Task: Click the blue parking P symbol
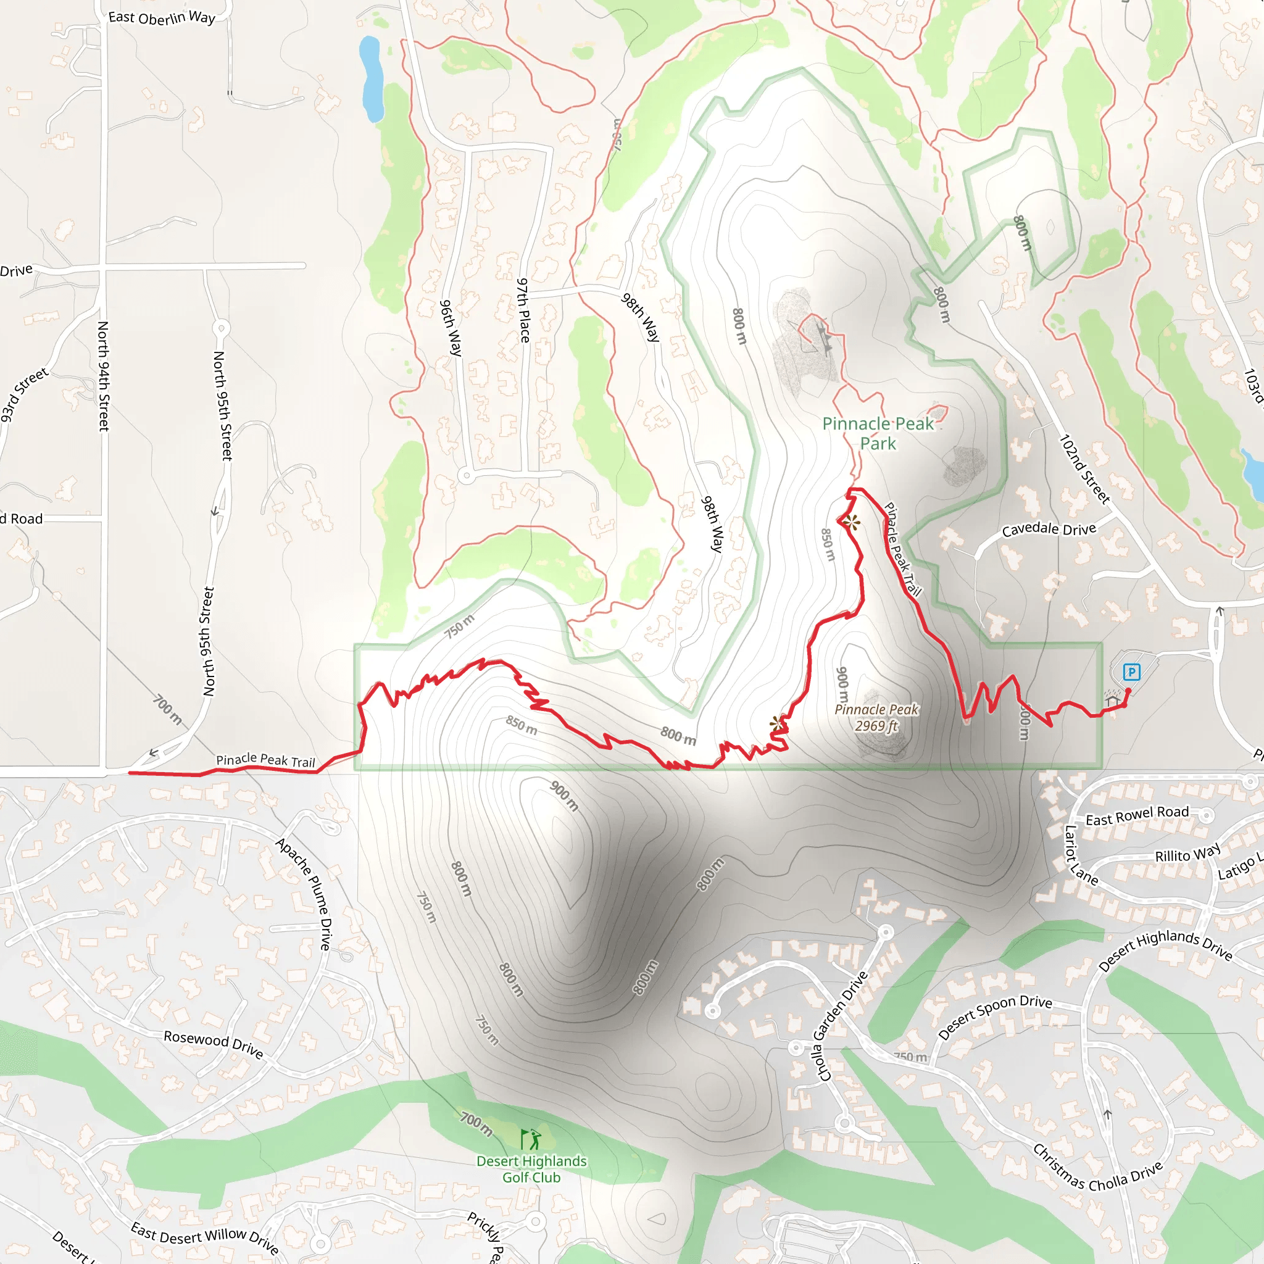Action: pos(1131,672)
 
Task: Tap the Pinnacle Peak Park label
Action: pos(878,433)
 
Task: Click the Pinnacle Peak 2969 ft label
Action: pos(876,717)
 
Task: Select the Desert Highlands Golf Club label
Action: pos(531,1169)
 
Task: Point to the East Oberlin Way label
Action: pos(162,18)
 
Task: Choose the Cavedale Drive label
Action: pos(1048,529)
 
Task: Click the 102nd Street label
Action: pos(1084,469)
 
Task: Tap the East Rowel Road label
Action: pos(1137,815)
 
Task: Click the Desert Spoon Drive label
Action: pos(994,1016)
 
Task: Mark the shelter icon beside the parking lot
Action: pos(1112,701)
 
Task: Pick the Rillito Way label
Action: pos(1187,854)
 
